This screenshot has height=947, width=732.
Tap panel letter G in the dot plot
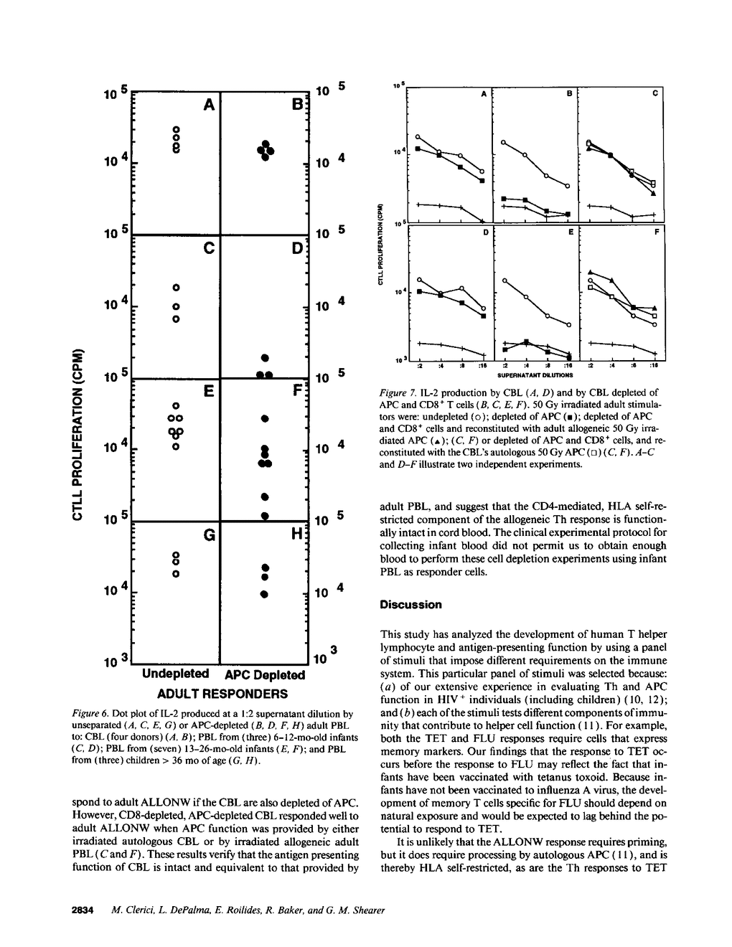pos(209,536)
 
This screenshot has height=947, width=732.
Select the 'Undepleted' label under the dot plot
pos(176,674)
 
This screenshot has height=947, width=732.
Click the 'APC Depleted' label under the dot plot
pos(265,675)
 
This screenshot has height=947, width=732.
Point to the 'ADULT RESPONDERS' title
pos(222,694)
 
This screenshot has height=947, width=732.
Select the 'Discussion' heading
pos(410,605)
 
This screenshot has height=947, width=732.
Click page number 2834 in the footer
pos(85,910)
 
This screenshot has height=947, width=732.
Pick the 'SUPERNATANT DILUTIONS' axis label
pos(530,374)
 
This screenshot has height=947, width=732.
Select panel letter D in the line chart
pos(485,233)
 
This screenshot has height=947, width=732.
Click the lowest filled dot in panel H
pos(265,594)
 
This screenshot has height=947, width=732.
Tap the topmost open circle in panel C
pos(175,287)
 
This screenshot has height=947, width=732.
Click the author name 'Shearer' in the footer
pos(367,910)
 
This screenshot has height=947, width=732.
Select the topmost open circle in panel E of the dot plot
pos(175,406)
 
